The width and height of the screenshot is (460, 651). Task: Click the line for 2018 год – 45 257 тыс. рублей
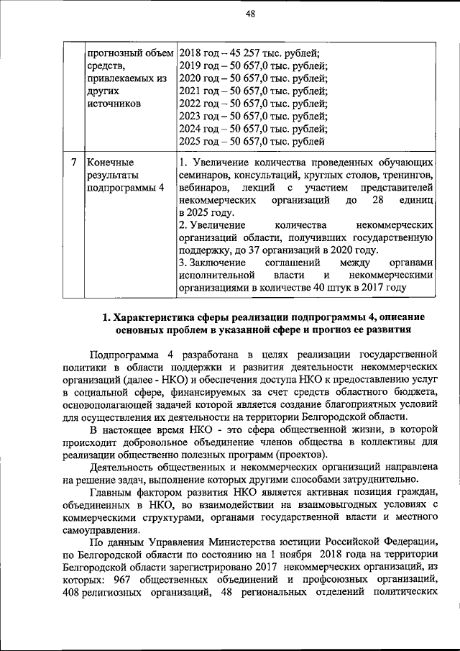[x=249, y=53]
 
